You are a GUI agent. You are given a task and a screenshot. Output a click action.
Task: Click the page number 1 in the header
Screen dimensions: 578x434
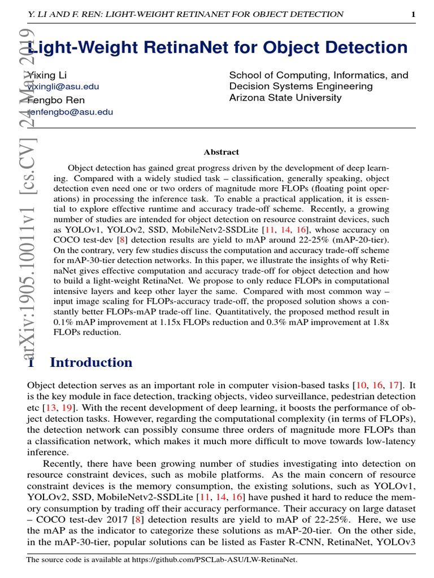click(413, 14)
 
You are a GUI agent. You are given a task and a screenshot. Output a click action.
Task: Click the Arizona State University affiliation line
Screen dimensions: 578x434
click(285, 98)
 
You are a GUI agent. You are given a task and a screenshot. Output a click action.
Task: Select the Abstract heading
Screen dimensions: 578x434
click(221, 152)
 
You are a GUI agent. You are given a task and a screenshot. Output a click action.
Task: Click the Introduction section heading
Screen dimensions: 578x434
click(91, 362)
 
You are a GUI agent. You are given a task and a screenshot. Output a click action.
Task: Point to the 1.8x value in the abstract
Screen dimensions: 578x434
click(380, 322)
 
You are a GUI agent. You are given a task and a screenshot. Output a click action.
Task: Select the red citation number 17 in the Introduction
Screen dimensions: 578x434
click(392, 386)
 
